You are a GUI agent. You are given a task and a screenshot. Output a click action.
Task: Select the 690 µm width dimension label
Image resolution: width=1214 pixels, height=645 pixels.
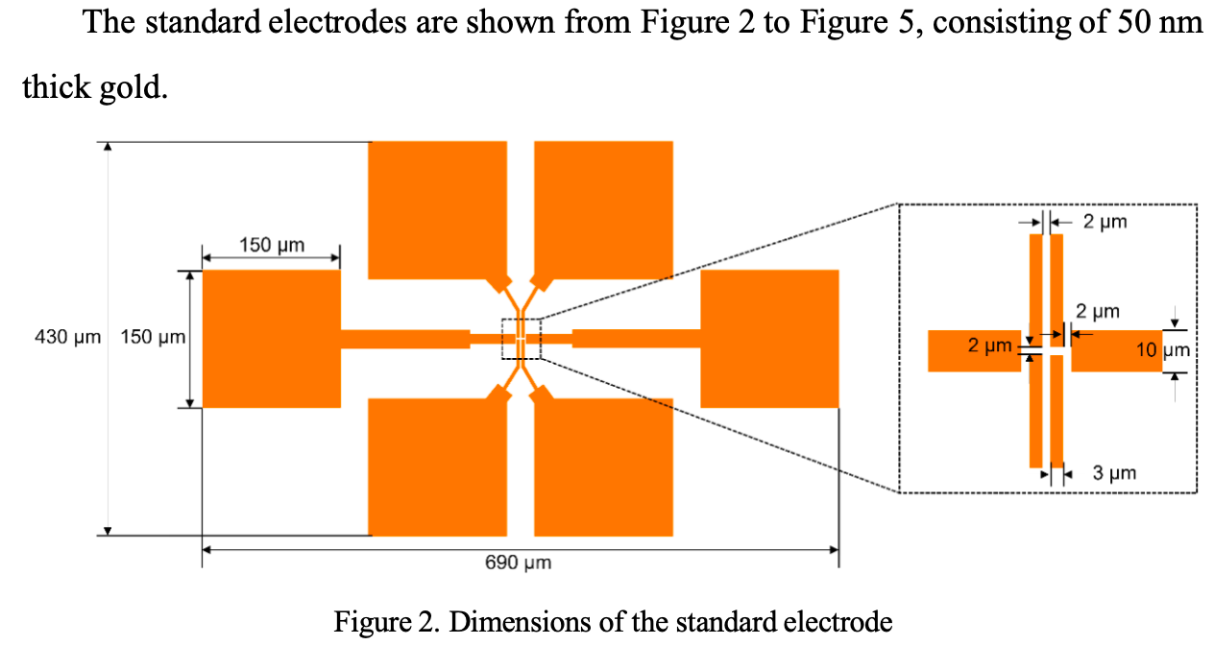518,562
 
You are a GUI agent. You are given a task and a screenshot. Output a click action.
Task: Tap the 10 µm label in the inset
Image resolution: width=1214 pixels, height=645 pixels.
1162,350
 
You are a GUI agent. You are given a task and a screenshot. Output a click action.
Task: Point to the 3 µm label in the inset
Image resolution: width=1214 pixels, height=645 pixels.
1114,473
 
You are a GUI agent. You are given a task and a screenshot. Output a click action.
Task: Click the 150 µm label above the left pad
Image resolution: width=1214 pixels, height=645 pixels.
271,245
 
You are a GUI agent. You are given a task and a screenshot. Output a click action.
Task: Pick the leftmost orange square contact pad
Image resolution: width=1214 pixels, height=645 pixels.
271,339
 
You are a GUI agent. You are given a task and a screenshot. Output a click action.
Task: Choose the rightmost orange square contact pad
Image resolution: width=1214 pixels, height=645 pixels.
769,339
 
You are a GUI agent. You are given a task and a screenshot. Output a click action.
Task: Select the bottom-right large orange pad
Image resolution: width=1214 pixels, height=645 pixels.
603,466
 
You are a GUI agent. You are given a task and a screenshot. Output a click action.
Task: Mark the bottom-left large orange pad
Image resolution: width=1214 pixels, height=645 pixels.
437,466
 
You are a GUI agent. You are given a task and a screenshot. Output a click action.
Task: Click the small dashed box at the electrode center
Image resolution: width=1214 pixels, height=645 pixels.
522,338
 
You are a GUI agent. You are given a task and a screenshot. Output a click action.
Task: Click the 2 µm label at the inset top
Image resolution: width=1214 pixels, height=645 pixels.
1105,222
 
